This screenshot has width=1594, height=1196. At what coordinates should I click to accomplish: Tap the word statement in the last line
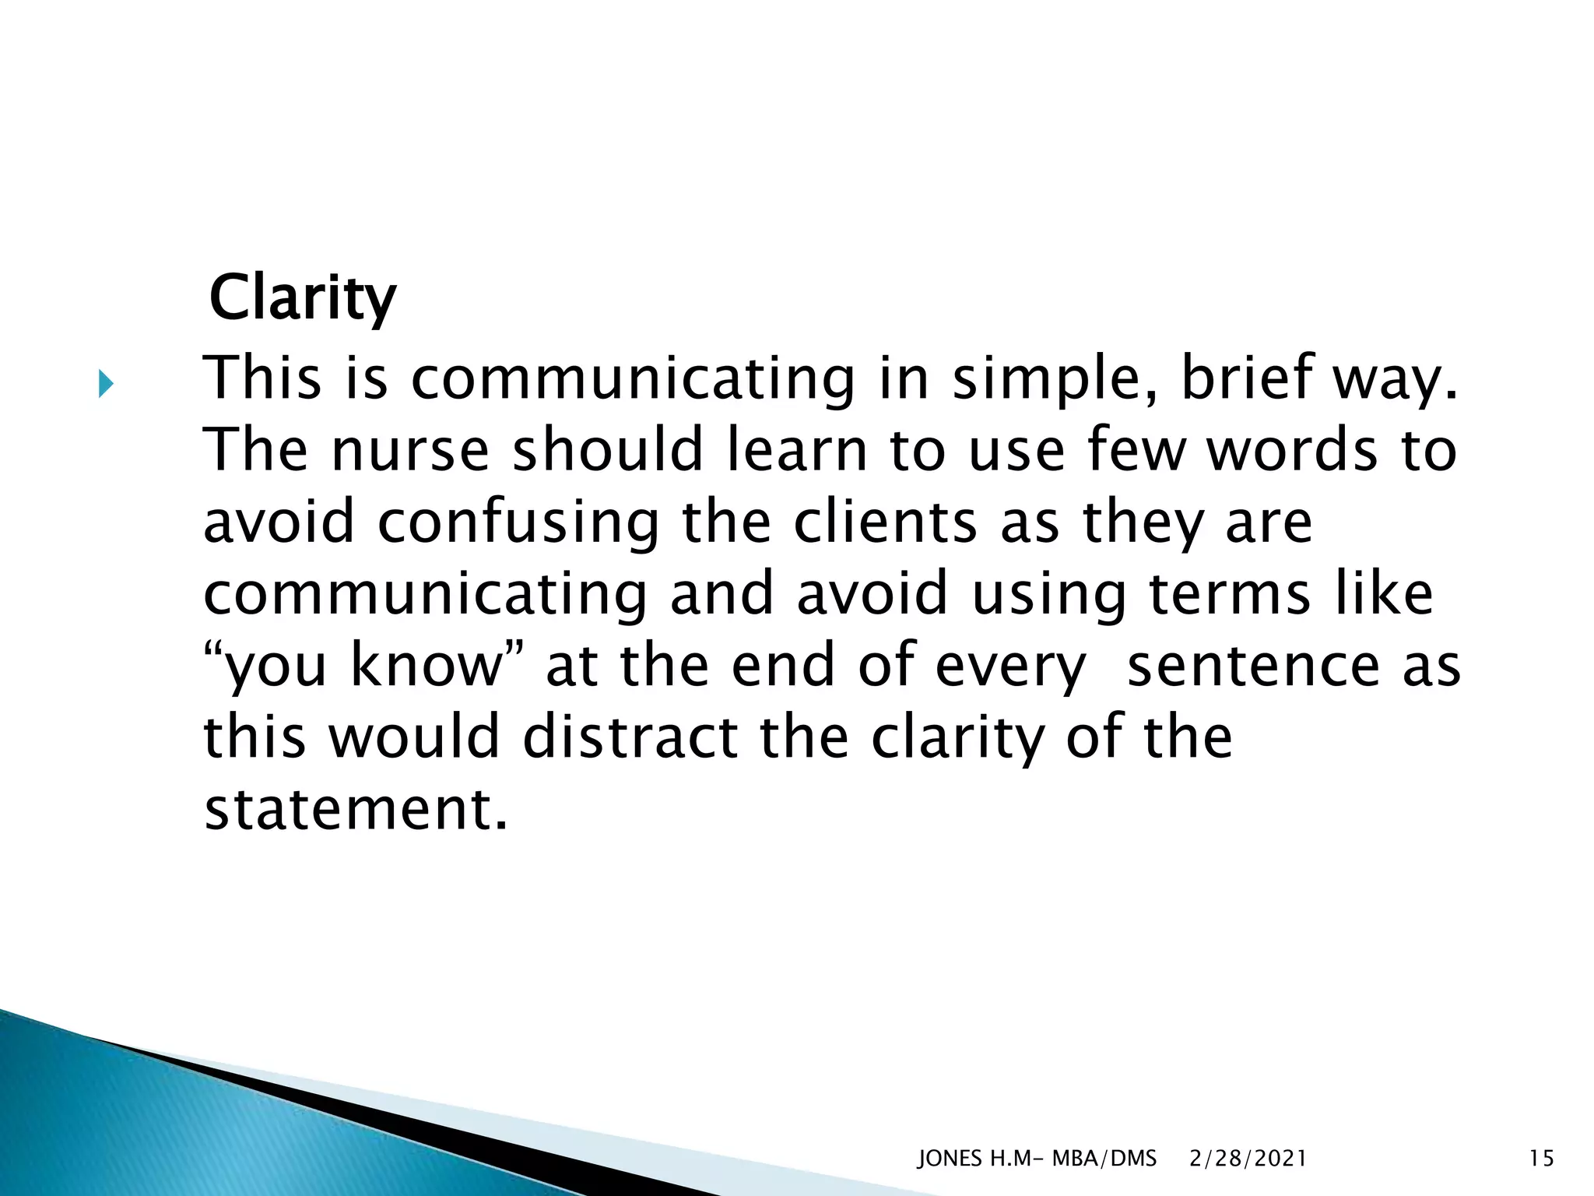click(356, 810)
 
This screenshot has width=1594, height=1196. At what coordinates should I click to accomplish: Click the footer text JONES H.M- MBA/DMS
click(1037, 1159)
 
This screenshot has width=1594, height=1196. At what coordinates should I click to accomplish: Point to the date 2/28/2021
click(1248, 1159)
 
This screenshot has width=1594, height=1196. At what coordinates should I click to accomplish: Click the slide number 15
click(1541, 1159)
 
